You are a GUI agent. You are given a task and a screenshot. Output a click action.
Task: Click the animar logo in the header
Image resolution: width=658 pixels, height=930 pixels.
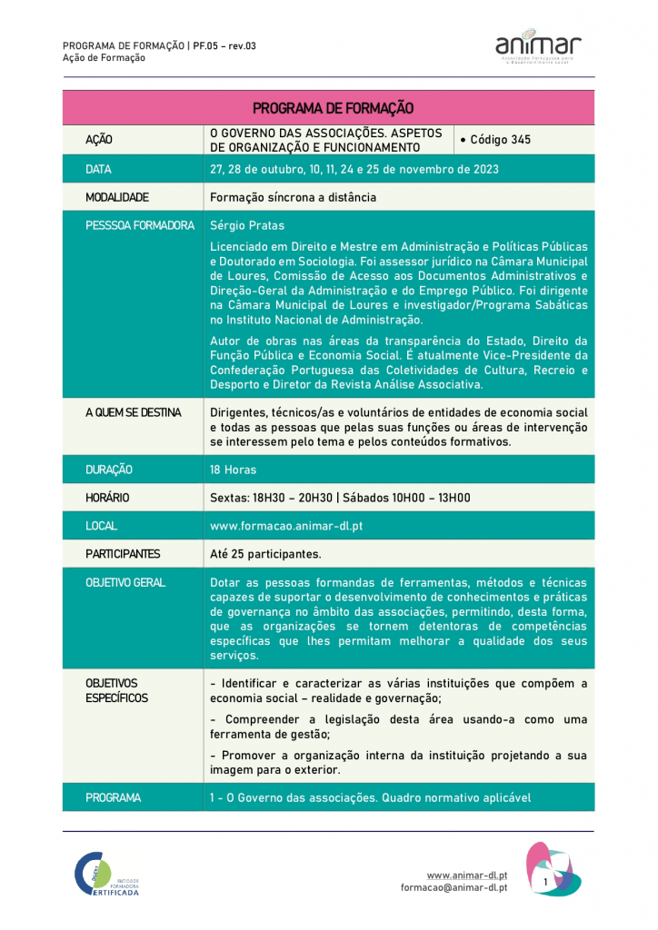pos(538,45)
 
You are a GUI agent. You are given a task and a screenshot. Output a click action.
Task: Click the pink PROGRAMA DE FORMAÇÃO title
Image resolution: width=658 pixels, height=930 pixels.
pos(333,108)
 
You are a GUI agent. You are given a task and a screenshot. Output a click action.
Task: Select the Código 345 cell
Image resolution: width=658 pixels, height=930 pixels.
pos(495,140)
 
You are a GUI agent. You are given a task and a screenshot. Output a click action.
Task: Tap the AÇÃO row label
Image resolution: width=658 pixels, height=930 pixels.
pos(99,141)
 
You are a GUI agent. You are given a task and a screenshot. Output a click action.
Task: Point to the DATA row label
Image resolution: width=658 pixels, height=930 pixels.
pos(98,169)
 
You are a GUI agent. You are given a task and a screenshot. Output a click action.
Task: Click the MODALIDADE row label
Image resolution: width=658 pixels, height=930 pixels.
pos(116,197)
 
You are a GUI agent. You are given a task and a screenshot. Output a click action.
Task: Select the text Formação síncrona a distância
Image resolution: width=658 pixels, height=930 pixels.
pos(293,197)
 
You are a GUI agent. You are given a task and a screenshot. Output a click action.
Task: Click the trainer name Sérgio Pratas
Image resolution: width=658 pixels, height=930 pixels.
pos(240,225)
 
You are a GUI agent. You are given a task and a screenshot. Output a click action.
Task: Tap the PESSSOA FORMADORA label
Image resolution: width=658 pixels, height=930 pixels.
pos(140,225)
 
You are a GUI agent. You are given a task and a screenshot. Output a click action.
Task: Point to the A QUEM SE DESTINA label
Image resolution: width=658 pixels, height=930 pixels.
pos(133,412)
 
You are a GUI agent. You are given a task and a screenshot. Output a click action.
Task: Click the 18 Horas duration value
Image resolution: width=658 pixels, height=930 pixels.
pos(233,470)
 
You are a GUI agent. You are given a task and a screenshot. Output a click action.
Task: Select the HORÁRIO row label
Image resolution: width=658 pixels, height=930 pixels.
pos(107,498)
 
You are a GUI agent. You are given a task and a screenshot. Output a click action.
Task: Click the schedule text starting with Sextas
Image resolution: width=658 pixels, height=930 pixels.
pos(340,498)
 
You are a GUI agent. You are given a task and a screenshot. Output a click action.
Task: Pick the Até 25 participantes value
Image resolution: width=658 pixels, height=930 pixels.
pos(265,554)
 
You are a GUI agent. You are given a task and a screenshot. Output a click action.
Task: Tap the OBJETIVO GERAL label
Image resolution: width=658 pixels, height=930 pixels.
pos(125,582)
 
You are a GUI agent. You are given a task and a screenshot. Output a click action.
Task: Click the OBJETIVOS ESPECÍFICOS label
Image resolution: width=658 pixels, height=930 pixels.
pos(116,690)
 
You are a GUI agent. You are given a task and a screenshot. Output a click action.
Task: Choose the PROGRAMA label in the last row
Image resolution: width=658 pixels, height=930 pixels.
pos(113,797)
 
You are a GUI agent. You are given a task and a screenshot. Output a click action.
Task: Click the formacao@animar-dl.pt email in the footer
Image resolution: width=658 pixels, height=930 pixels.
pos(454,888)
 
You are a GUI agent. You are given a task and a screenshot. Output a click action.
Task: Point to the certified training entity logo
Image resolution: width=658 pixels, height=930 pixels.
pos(107,875)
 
